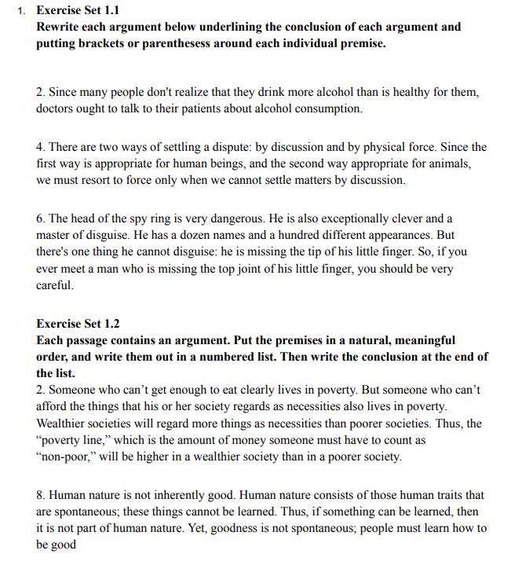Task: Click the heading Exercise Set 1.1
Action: coord(78,11)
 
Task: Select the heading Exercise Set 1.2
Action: coord(78,323)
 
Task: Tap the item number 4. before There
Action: coord(42,147)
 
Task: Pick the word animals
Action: coord(450,163)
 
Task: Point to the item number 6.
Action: coord(42,218)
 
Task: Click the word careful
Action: coord(54,285)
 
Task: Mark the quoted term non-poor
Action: coord(66,456)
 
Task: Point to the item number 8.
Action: coord(42,495)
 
